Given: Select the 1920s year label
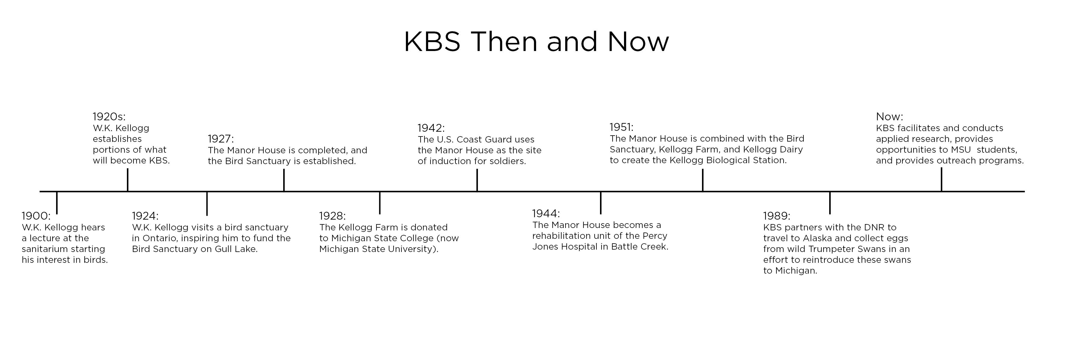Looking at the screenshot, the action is click(x=109, y=116).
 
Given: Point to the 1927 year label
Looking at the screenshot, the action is click(x=221, y=139).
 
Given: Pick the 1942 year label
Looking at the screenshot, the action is click(x=431, y=128).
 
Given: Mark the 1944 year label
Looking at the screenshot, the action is click(x=546, y=213).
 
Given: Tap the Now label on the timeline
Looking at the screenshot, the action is click(x=889, y=116).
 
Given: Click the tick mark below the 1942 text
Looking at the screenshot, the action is click(x=477, y=180).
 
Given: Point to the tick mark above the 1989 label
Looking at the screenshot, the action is click(x=830, y=203).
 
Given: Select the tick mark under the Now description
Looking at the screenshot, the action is click(x=942, y=179).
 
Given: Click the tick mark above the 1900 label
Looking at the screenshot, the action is click(x=57, y=203).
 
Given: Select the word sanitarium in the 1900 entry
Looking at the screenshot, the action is click(x=43, y=249).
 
